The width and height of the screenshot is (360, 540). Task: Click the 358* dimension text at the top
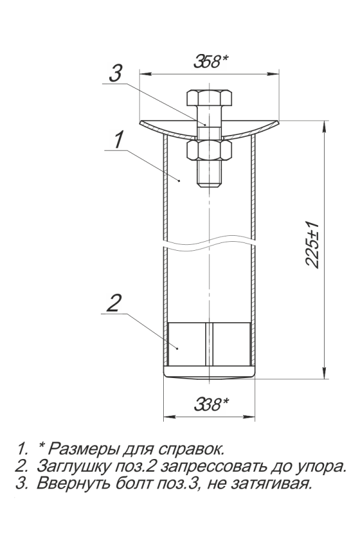point(211,62)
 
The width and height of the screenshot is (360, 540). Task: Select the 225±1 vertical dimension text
point(312,245)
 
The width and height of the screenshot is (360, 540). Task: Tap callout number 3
point(115,73)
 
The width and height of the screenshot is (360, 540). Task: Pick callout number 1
point(118,140)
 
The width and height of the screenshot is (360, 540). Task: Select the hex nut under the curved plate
point(209,151)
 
